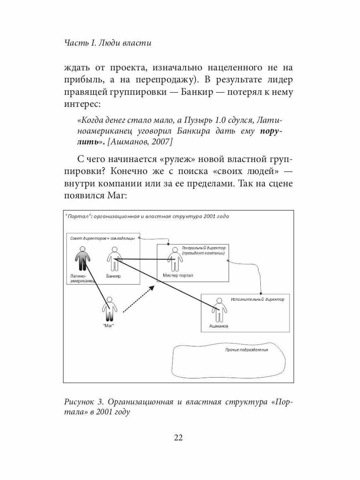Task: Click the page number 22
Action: (178, 437)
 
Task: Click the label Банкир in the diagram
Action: (113, 276)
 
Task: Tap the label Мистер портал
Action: (178, 276)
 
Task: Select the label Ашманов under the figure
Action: (219, 326)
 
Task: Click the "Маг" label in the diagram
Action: (109, 326)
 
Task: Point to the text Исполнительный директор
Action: (258, 299)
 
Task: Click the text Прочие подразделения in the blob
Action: (247, 349)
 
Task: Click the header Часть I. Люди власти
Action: (108, 43)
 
